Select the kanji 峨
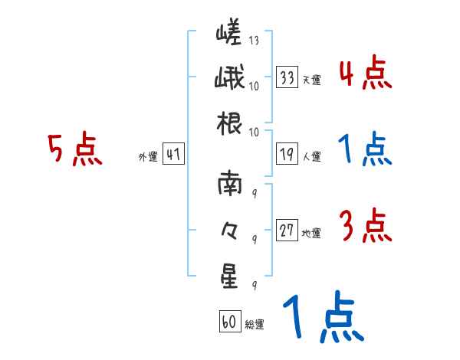229,79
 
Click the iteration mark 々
229,231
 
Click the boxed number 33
287,78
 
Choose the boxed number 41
172,155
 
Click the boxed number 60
229,322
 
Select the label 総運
255,324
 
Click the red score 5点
74,150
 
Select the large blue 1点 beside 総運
322,318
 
